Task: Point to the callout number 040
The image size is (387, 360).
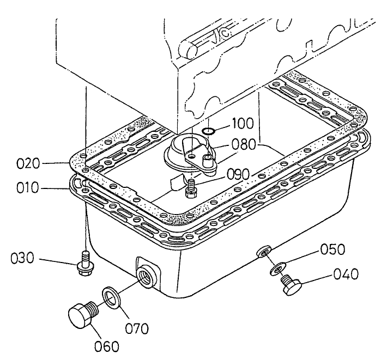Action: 346,274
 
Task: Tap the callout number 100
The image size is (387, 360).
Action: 242,123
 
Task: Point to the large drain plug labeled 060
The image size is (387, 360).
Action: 83,316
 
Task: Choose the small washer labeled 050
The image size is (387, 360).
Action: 279,267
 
